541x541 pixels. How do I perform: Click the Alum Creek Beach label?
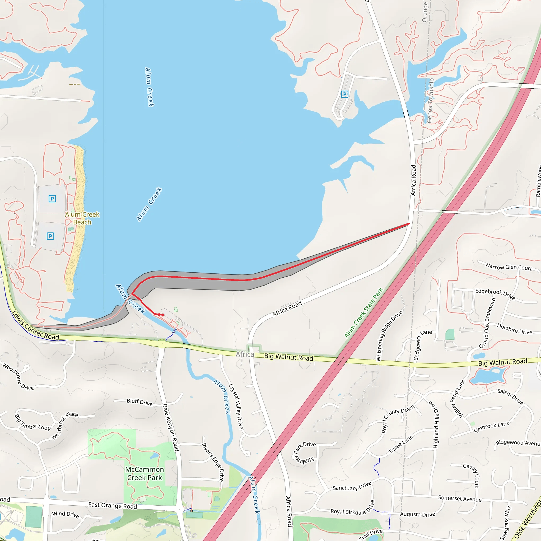(82, 218)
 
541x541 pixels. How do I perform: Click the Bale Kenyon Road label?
(171, 427)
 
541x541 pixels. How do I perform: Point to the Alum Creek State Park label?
(363, 313)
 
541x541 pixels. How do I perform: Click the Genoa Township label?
(430, 101)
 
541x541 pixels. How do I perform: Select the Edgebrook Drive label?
(495, 294)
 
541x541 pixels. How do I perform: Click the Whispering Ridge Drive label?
(389, 335)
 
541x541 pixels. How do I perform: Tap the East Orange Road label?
(113, 505)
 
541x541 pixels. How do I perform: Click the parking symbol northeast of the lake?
(345, 94)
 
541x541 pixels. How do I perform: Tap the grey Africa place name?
(245, 354)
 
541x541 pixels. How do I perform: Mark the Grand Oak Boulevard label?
(487, 323)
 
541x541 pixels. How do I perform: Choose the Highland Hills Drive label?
(435, 425)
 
